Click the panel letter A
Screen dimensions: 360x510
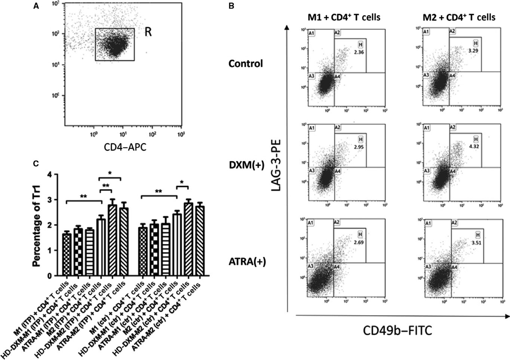[x=36, y=6]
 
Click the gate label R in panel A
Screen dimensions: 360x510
[x=148, y=33]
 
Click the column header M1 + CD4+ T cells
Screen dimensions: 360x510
[x=342, y=17]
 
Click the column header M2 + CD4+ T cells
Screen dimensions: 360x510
[x=459, y=17]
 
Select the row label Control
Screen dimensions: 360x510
[x=246, y=64]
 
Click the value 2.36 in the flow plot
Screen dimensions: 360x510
[x=359, y=52]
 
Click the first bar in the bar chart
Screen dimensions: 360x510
[x=67, y=254]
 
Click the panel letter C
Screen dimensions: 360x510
[x=36, y=164]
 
